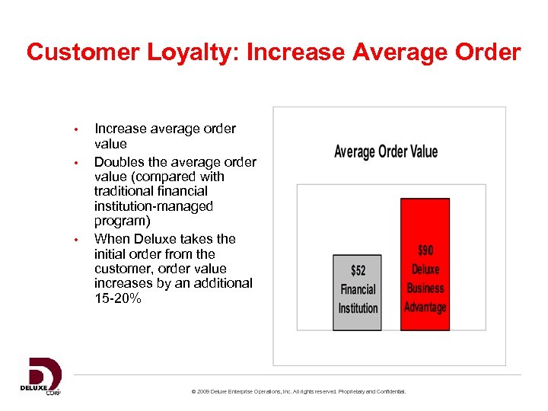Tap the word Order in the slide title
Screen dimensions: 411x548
coord(486,53)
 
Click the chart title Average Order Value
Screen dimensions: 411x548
coord(386,151)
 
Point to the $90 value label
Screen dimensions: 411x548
coord(425,250)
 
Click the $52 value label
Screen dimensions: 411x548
coord(358,270)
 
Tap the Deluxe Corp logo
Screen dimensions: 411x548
coord(40,376)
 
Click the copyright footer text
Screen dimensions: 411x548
coord(299,391)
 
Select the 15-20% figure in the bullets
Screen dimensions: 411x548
coord(117,298)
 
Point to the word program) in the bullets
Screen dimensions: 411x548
coord(122,221)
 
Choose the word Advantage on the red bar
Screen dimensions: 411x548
coord(425,307)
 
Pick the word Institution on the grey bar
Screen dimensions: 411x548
coord(358,308)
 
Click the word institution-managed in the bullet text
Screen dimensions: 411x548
coord(153,206)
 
